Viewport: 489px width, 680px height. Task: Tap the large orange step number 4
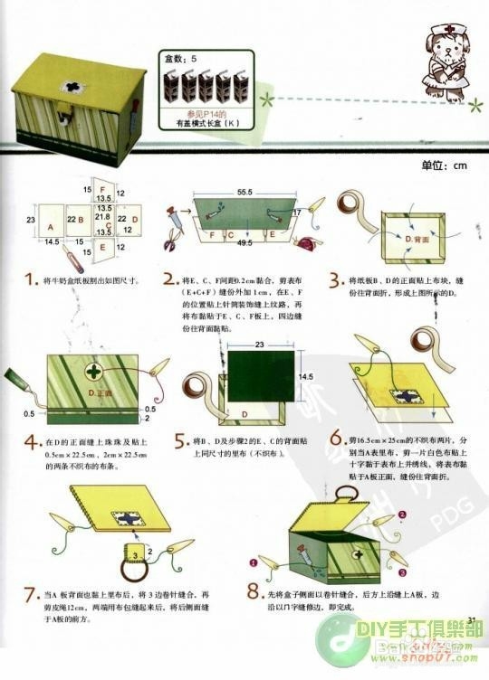[x=32, y=442]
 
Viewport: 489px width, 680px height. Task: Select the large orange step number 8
[x=255, y=594]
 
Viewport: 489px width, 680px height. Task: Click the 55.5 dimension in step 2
[x=244, y=193]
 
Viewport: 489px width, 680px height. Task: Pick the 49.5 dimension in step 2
[x=244, y=243]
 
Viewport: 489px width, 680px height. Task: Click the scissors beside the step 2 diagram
[x=172, y=241]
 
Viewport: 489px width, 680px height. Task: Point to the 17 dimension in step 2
[x=295, y=212]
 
